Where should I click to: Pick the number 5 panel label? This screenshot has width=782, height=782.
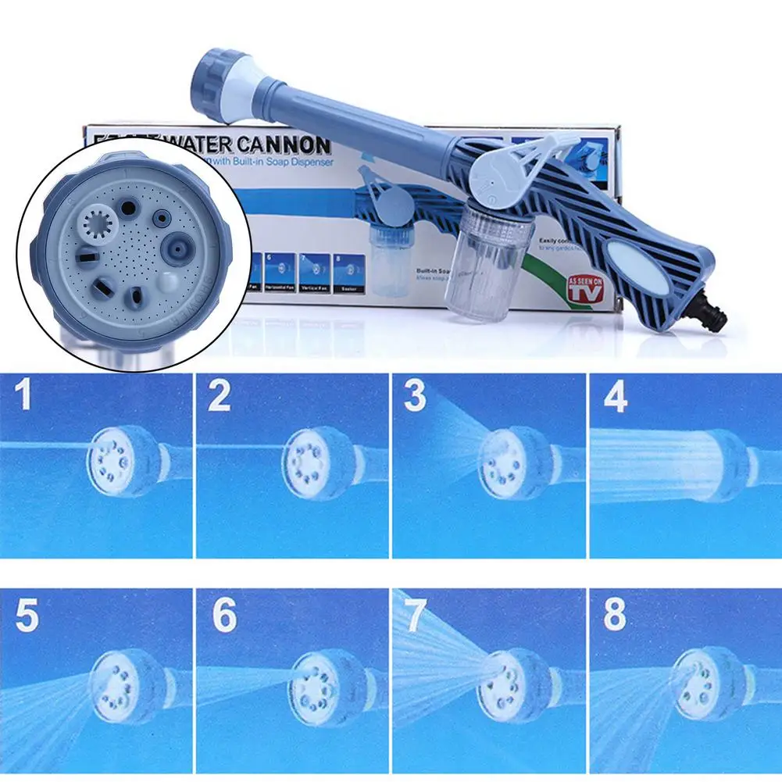coord(27,616)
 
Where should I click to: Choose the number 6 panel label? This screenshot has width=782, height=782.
coord(223,616)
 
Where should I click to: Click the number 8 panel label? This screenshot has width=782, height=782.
coord(615,616)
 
